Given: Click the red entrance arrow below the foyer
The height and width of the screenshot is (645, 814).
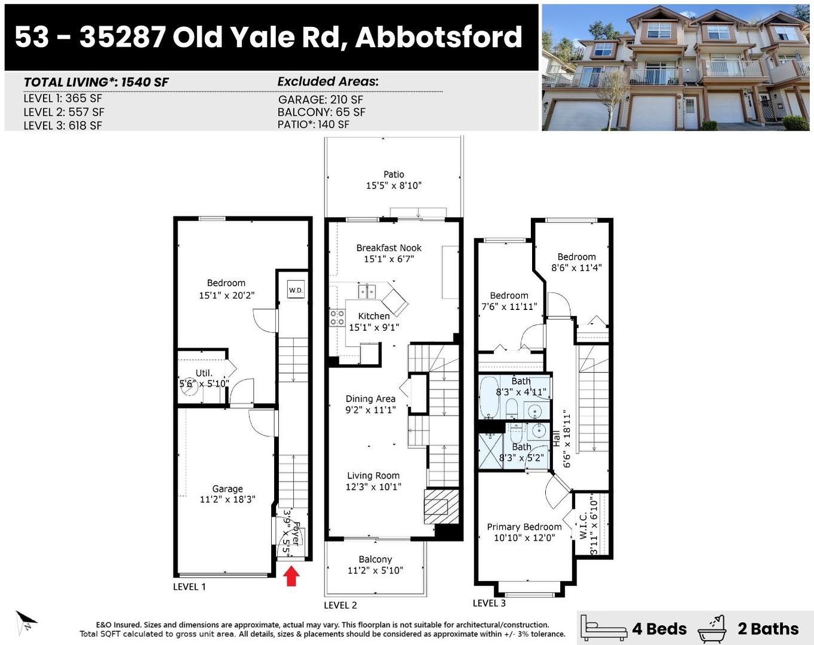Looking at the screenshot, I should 291,576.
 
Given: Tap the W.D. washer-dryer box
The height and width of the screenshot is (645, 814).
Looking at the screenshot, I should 296,290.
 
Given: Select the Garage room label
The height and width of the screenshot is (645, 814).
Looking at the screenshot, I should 227,489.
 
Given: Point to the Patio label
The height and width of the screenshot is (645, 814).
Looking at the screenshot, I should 394,175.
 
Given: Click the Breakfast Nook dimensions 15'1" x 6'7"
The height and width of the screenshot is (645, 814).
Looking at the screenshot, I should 389,259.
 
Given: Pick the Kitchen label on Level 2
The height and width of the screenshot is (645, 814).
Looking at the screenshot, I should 374,316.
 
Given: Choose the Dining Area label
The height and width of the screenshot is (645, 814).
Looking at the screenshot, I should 370,398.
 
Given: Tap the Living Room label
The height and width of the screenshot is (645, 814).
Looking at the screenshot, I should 373,476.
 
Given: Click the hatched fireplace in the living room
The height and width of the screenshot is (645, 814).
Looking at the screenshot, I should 436,506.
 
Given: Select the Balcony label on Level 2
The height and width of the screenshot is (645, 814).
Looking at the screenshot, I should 375,559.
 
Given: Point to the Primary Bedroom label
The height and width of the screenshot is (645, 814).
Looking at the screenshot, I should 524,527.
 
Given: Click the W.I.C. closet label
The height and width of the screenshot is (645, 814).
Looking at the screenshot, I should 583,525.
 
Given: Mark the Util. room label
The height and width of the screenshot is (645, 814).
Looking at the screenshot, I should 204,373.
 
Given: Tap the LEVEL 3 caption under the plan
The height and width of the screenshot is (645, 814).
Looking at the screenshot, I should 489,603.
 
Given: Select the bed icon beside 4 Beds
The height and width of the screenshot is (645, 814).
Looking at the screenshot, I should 604,628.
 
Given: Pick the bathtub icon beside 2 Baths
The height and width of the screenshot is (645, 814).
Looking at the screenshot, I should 712,628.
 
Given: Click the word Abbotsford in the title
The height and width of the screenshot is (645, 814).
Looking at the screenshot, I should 439,37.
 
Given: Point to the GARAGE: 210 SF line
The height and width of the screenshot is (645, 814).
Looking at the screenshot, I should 321,100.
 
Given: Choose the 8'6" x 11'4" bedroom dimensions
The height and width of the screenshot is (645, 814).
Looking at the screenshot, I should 576,268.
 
